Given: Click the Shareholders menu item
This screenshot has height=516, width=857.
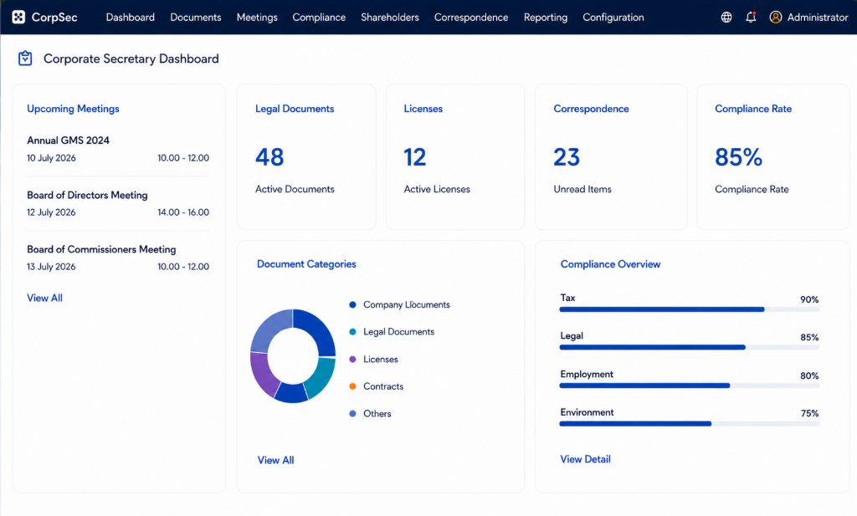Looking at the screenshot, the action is point(390,18).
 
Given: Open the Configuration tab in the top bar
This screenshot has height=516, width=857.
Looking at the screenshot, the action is point(613,18).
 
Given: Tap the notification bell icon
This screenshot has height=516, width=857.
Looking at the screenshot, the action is point(751,17).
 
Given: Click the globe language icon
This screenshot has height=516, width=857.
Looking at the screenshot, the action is point(726,18).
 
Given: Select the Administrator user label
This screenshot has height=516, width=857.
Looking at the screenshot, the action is point(818,18).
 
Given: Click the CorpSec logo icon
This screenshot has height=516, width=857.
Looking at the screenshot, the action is point(18,17).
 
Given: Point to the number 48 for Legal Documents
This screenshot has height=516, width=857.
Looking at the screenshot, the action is point(269,157).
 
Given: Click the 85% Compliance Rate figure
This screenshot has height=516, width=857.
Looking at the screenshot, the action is point(738,157).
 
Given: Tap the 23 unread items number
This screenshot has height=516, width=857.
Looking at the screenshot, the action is point(567,157).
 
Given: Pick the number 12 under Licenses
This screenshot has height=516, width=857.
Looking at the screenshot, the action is point(415,157).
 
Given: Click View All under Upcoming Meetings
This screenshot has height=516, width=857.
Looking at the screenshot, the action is point(45,298).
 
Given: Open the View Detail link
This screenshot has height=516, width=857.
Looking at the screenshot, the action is point(585,459).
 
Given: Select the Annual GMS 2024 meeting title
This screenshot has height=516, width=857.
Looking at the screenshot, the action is point(69,140).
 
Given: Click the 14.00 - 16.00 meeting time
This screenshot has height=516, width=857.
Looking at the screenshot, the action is point(183,212).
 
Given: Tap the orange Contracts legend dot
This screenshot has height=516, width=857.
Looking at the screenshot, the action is point(352,386).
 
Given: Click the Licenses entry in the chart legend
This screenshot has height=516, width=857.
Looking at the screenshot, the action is point(381,360).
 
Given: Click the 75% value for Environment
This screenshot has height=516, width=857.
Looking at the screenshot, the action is point(809,413).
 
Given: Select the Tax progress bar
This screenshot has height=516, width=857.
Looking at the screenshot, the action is point(690,309).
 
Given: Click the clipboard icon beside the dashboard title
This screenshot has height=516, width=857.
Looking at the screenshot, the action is point(25,59).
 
